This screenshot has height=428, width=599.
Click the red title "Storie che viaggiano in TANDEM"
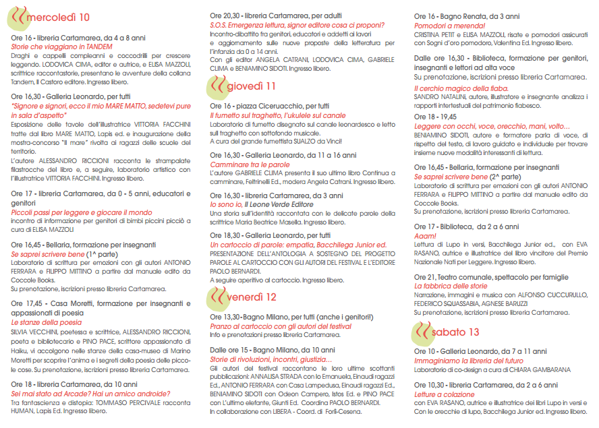(x=61, y=47)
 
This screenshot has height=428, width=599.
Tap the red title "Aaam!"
(x=425, y=236)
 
